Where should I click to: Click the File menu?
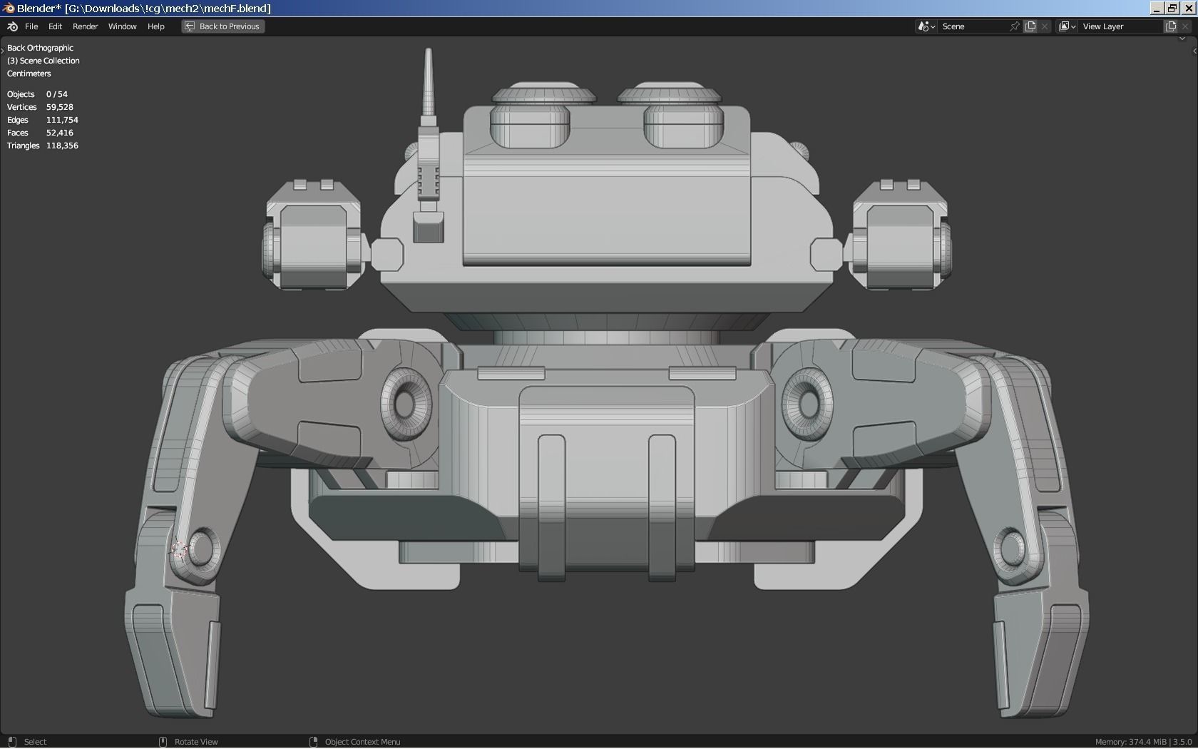coord(31,26)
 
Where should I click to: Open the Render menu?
coord(85,26)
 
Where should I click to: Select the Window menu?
coord(122,26)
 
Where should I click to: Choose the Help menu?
coord(155,26)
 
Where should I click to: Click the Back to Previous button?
coord(222,26)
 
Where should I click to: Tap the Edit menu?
coord(55,26)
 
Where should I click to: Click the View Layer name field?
coord(1120,26)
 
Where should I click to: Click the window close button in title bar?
coord(1189,8)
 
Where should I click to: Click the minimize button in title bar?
coord(1157,8)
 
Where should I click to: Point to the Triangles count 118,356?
coord(62,146)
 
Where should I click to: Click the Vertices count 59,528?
coord(60,107)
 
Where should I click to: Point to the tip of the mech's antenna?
coord(428,51)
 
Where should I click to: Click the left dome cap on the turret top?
coord(544,95)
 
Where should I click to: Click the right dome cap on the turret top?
coord(669,95)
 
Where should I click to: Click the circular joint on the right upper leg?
coord(809,403)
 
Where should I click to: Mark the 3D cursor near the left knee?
coord(178,550)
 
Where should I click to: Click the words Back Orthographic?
coord(40,48)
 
